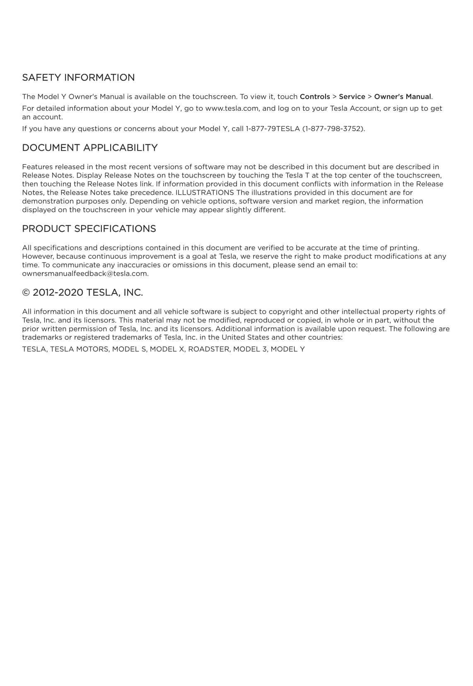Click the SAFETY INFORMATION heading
coord(78,78)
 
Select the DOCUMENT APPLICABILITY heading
coord(90,148)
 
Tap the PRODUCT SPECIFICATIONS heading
coord(89,229)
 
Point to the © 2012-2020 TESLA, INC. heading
coord(82,292)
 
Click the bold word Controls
coord(315,97)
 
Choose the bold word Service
coord(352,97)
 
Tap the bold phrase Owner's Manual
coord(403,97)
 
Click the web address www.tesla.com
coord(232,108)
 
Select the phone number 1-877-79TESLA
coord(273,129)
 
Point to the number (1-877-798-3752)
coord(333,129)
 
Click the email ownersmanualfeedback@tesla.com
coord(85,273)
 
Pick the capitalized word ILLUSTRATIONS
coord(205,192)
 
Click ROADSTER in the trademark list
coord(208,349)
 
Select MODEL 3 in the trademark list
coord(250,349)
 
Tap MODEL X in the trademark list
coord(167,349)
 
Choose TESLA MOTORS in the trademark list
coord(79,349)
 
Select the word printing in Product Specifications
coord(404,248)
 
